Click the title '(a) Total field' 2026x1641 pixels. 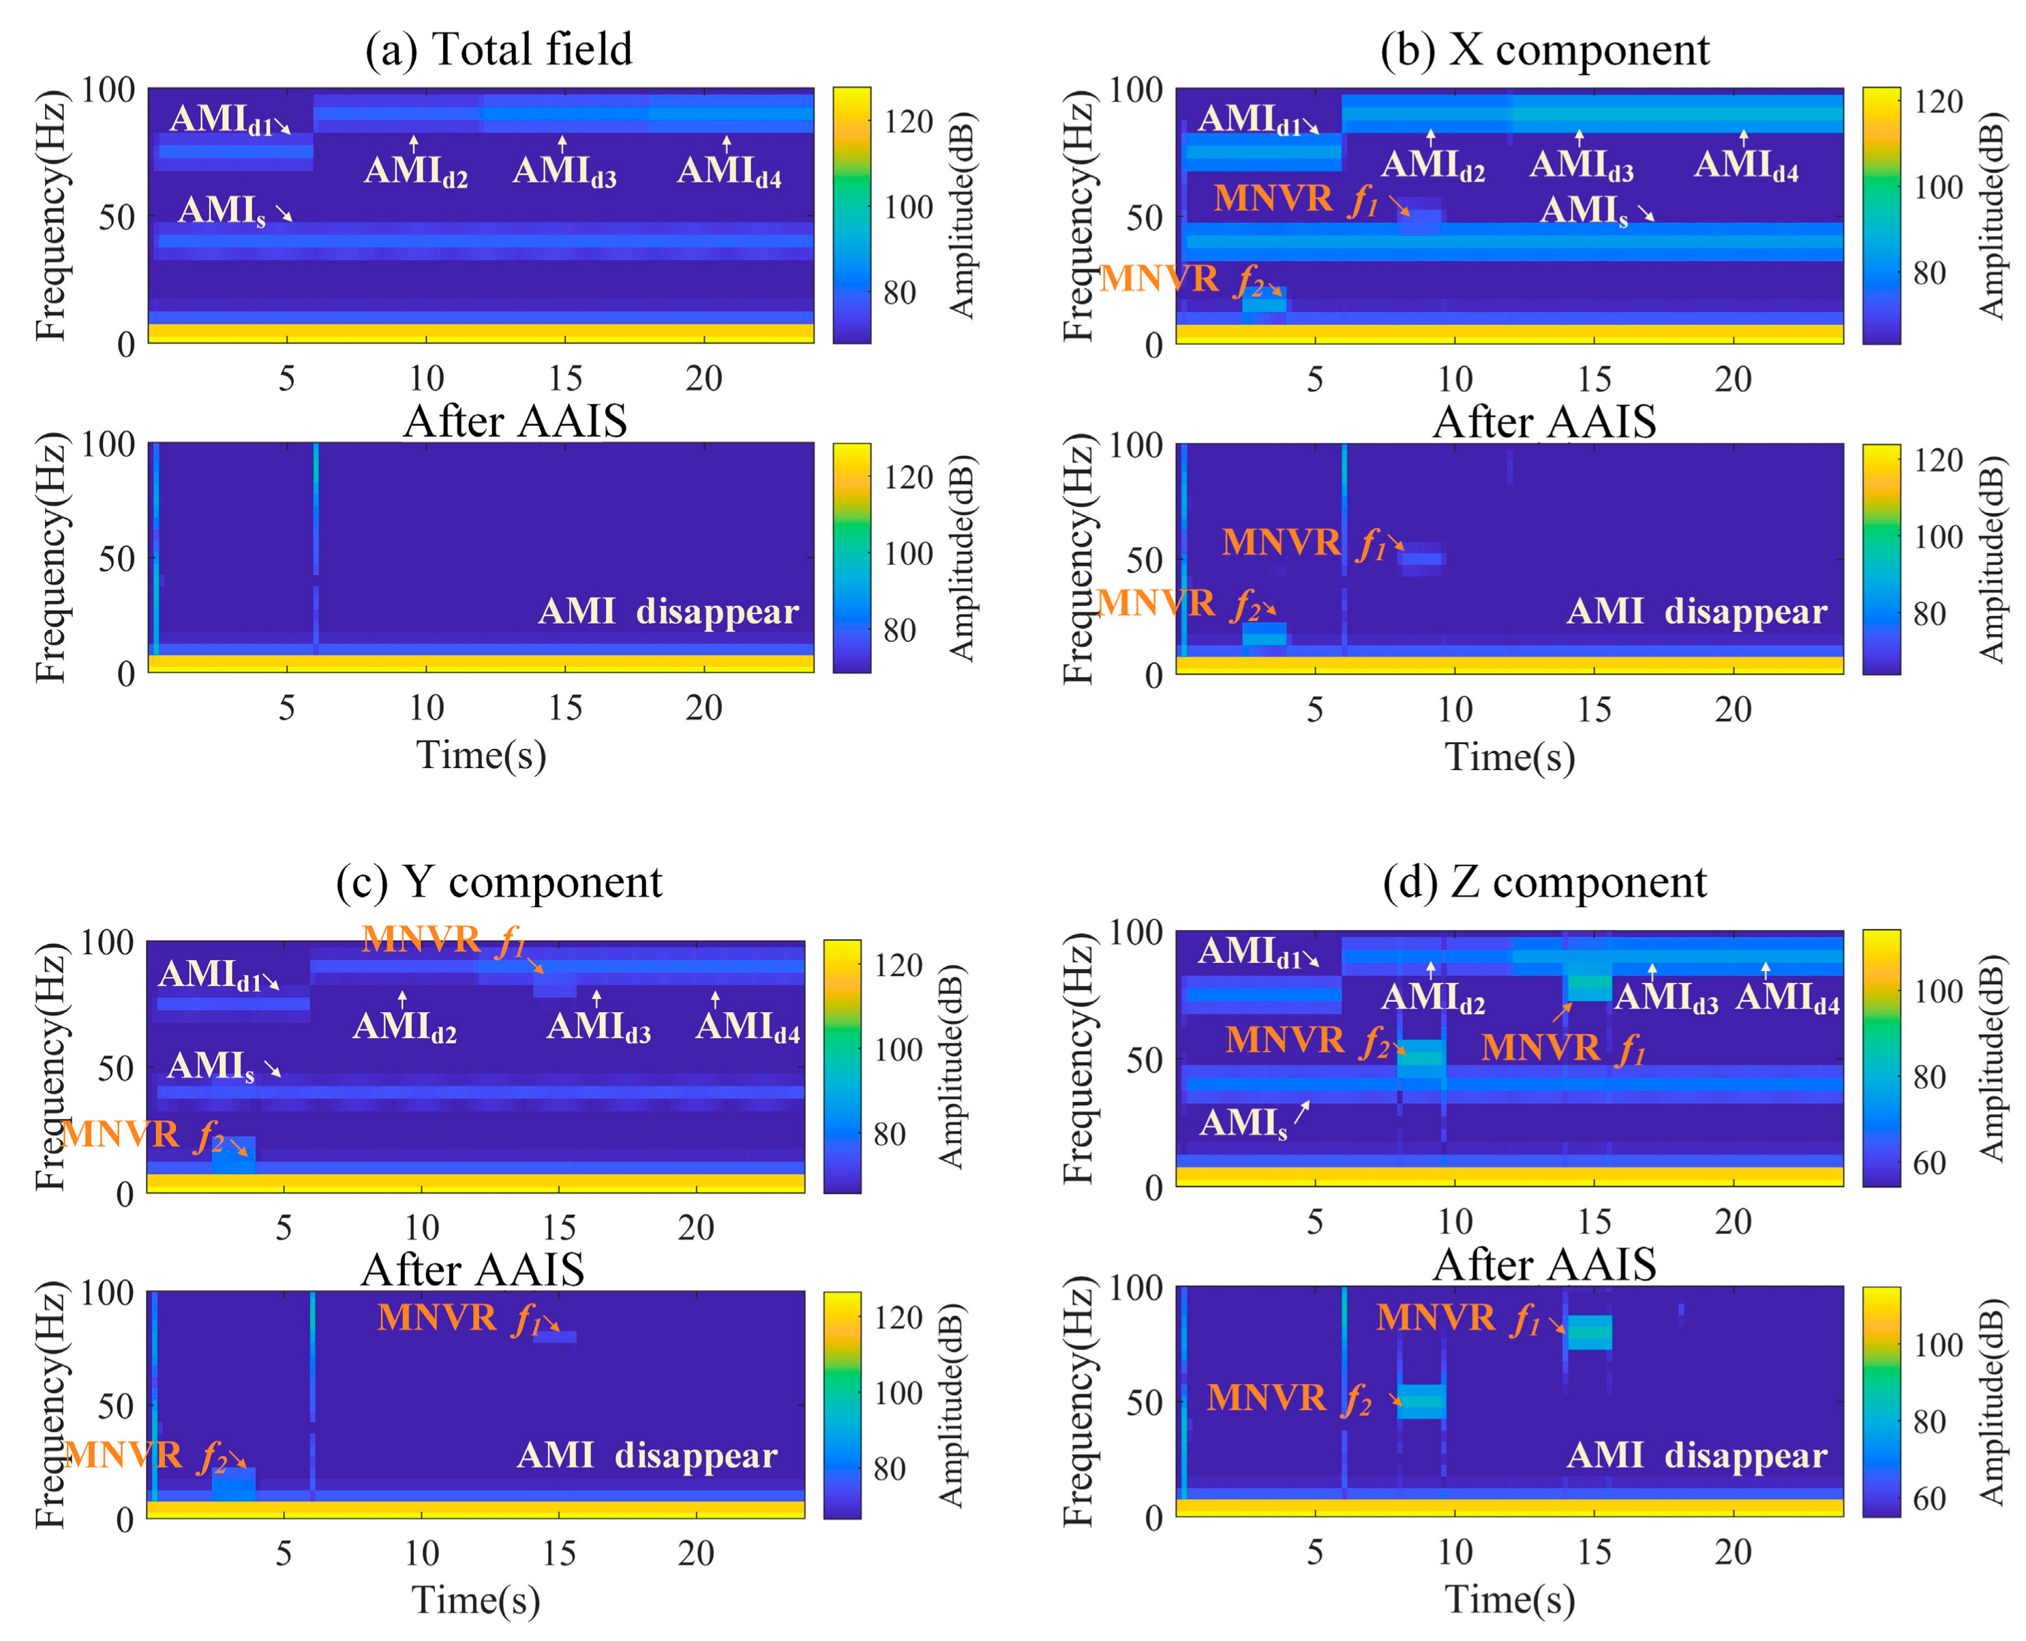pos(498,49)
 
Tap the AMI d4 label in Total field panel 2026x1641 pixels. pos(729,172)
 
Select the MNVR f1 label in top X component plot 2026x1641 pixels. pos(1295,200)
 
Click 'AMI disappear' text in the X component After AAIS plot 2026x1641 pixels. pos(1696,611)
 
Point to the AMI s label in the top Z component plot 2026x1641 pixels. pos(1242,1123)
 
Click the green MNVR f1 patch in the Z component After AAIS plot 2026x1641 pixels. pos(1588,1332)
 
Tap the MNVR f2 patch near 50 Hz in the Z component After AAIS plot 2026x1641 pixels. pos(1421,1401)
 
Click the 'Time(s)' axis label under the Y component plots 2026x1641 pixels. pos(476,1599)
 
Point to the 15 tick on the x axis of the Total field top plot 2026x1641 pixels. pos(564,378)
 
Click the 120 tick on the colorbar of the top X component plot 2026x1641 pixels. pos(1937,102)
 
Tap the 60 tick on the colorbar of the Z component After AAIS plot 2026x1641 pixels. pos(1929,1499)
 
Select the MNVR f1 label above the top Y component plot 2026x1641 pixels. pos(442,940)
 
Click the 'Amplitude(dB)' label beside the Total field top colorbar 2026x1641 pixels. pos(961,215)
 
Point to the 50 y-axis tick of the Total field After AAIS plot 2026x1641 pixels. pos(117,557)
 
